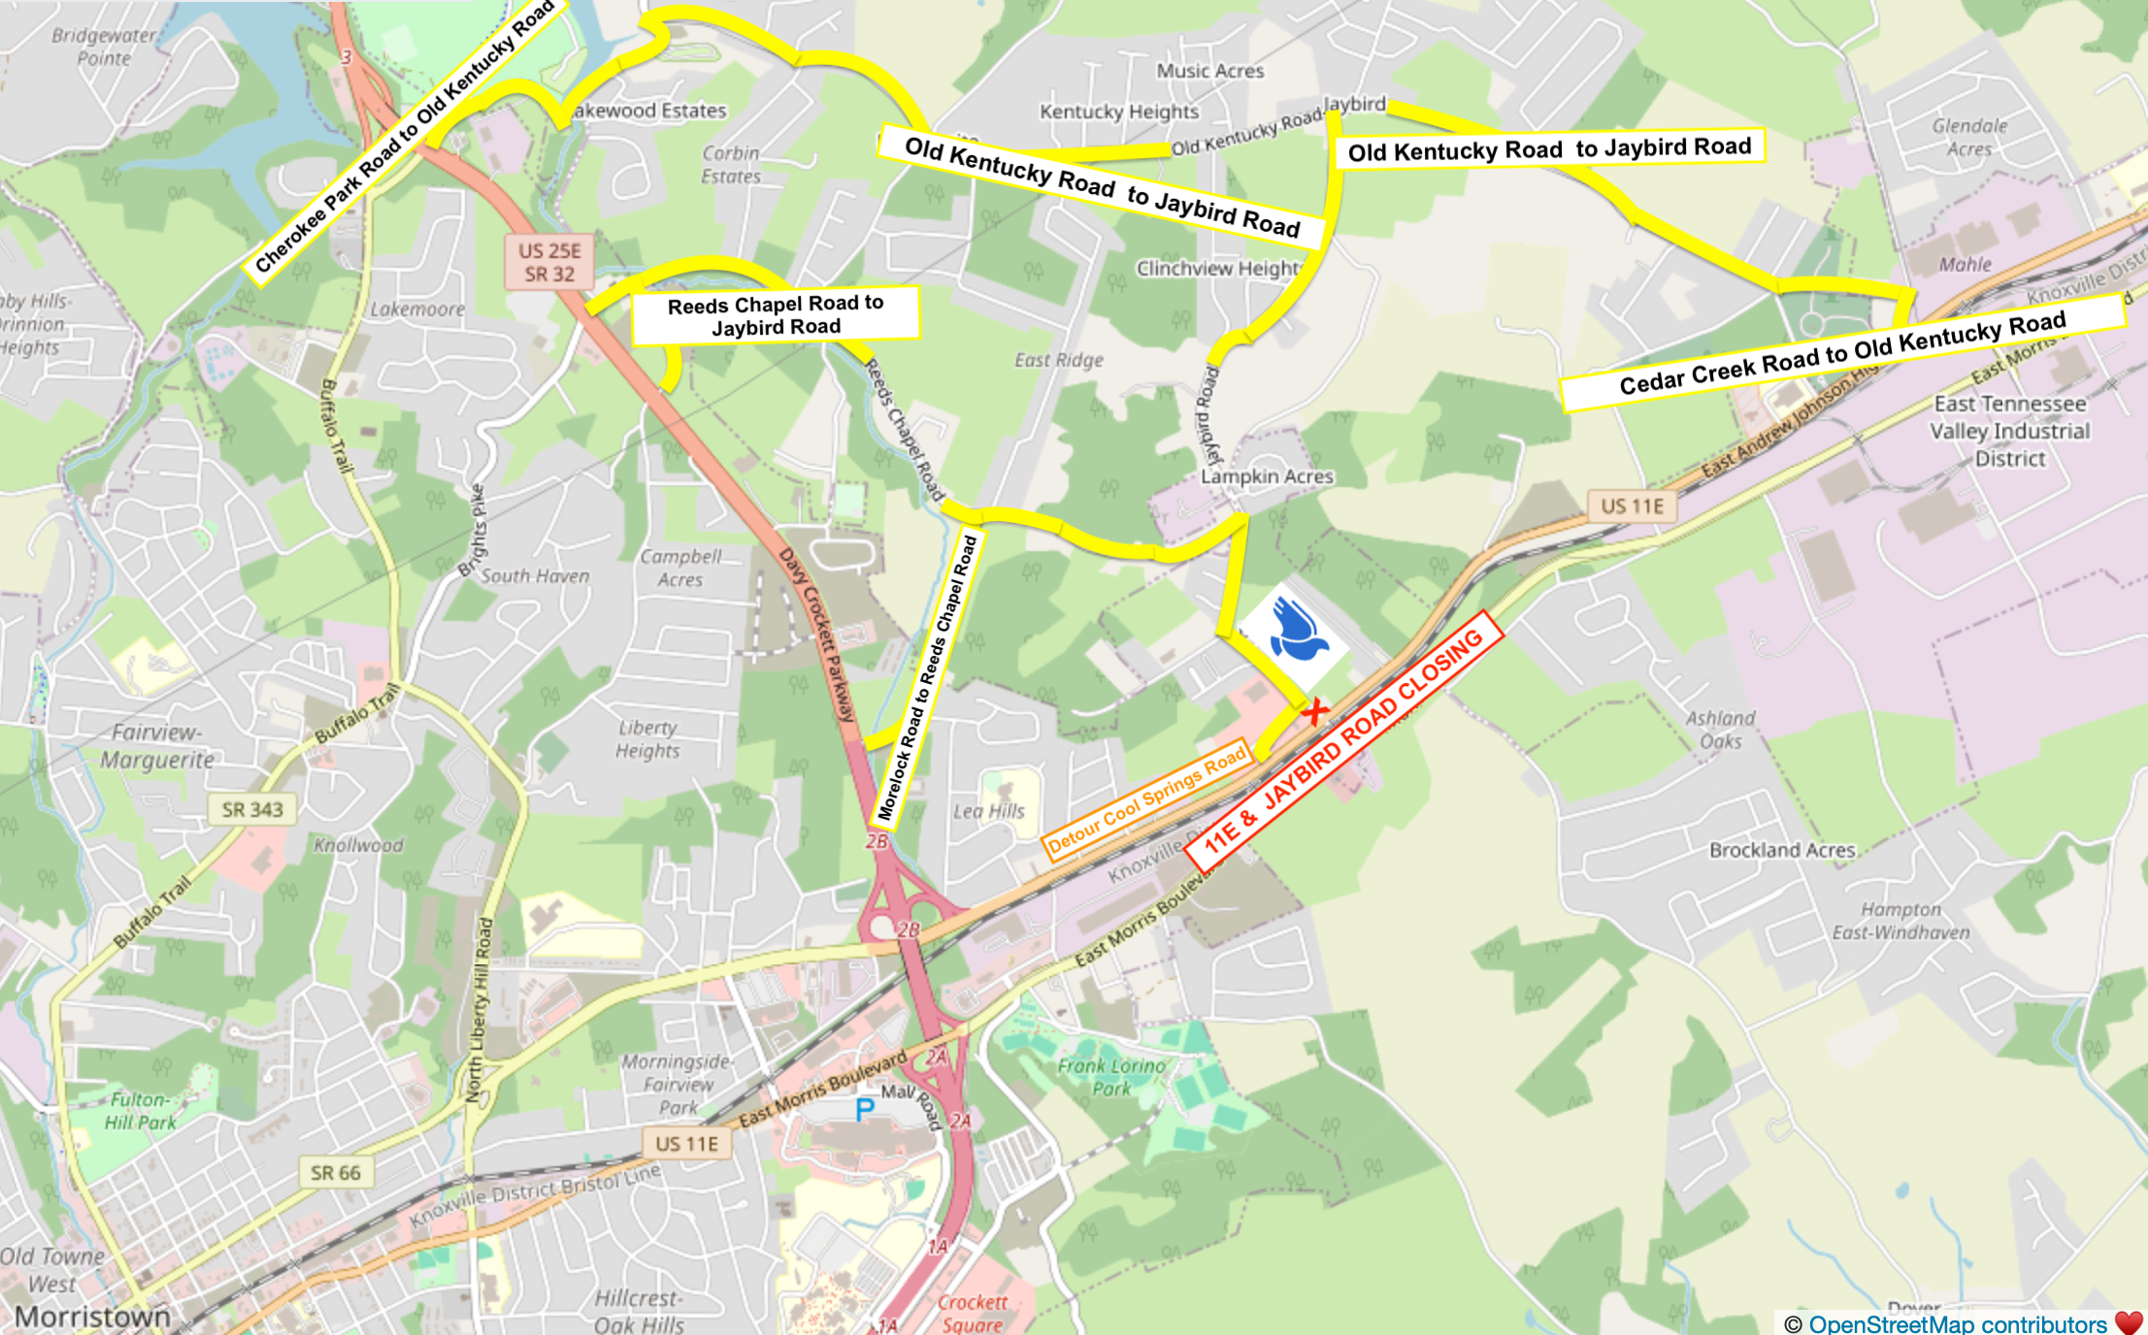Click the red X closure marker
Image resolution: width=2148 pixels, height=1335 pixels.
click(x=1315, y=712)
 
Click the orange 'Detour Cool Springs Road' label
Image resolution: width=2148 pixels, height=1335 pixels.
click(x=1147, y=801)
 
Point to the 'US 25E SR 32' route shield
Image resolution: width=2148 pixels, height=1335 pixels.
click(x=549, y=263)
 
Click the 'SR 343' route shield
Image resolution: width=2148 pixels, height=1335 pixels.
click(x=251, y=809)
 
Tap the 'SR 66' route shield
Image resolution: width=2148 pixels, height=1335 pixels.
click(x=335, y=1173)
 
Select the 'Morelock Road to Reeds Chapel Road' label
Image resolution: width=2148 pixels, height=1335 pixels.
click(x=927, y=679)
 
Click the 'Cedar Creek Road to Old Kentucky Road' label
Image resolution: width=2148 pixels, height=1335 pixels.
click(x=1841, y=353)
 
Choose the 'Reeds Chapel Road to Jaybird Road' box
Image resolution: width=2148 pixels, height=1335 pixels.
click(x=775, y=314)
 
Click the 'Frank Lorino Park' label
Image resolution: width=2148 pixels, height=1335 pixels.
click(x=1111, y=1077)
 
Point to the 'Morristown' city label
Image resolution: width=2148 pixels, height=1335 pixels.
click(x=92, y=1318)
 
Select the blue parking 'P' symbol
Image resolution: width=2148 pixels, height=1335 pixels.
click(x=864, y=1110)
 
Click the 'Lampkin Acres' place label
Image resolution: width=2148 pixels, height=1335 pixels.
click(x=1267, y=476)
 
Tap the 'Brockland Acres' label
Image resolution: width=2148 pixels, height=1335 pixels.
click(x=1782, y=850)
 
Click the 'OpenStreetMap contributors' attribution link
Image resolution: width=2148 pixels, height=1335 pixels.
click(x=1957, y=1324)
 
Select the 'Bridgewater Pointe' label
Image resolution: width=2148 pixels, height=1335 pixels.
click(x=103, y=47)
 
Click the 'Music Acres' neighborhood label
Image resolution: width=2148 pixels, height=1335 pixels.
click(x=1209, y=71)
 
